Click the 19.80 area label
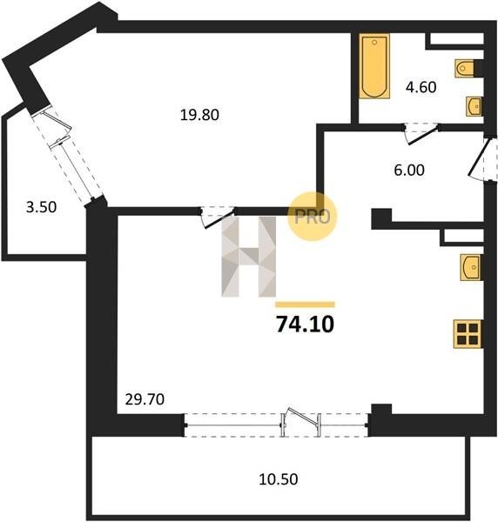(199, 115)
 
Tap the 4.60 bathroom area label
(421, 87)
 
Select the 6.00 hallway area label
(408, 171)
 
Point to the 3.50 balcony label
(41, 207)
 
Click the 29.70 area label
(145, 399)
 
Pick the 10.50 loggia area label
(279, 479)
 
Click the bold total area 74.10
(305, 325)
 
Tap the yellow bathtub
(374, 66)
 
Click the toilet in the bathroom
(464, 69)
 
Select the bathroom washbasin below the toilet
(474, 106)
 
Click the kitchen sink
(470, 267)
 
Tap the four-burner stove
(468, 334)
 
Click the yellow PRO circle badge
(313, 217)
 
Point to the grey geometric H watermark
(249, 257)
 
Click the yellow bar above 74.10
(305, 304)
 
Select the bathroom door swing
(421, 133)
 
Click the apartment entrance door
(481, 159)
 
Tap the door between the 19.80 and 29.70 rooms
(218, 217)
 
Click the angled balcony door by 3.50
(68, 154)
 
